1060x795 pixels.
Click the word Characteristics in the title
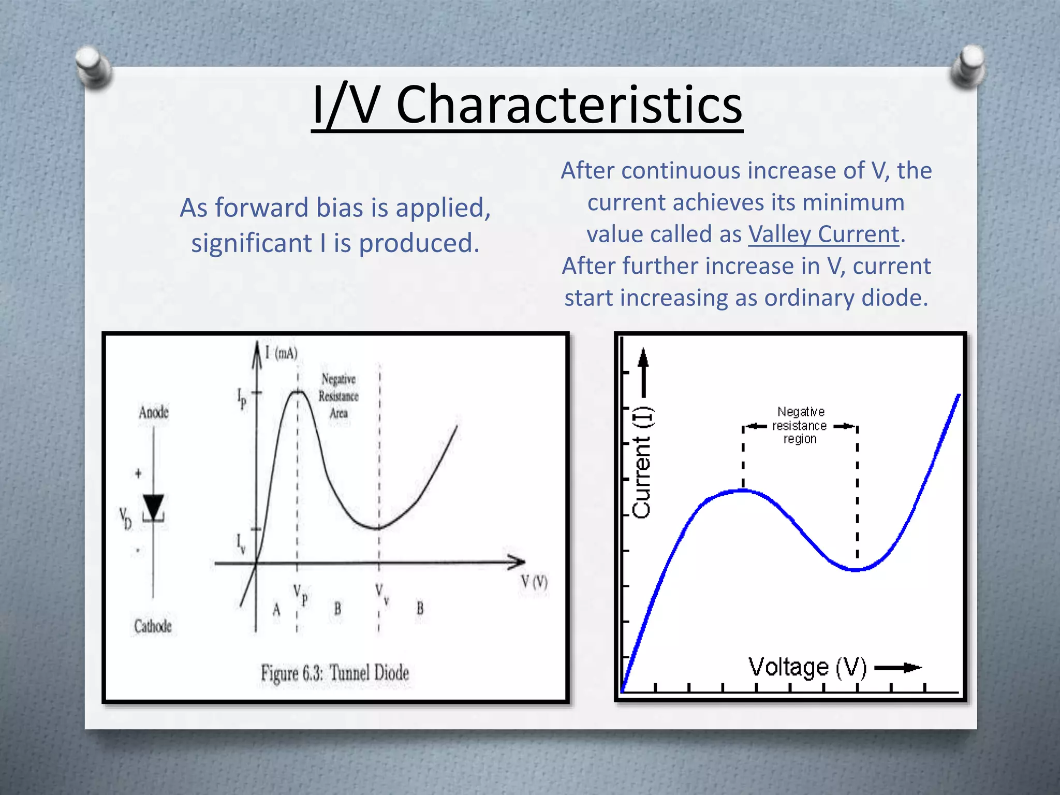569,105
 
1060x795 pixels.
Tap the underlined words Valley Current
823,234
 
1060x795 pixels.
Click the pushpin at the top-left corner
92,66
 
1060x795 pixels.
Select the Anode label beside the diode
154,413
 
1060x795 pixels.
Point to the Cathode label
153,626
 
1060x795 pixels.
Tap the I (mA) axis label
282,353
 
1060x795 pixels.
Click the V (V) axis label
534,582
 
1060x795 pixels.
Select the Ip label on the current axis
242,399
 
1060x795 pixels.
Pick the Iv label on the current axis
241,543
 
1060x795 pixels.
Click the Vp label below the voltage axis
301,595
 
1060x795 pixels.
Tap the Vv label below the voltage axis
382,594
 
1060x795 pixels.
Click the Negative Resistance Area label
338,396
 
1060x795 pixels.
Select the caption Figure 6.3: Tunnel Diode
335,673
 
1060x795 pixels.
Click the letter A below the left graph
276,610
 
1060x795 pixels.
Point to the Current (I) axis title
642,462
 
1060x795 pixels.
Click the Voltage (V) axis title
807,667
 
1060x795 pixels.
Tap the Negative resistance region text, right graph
800,425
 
